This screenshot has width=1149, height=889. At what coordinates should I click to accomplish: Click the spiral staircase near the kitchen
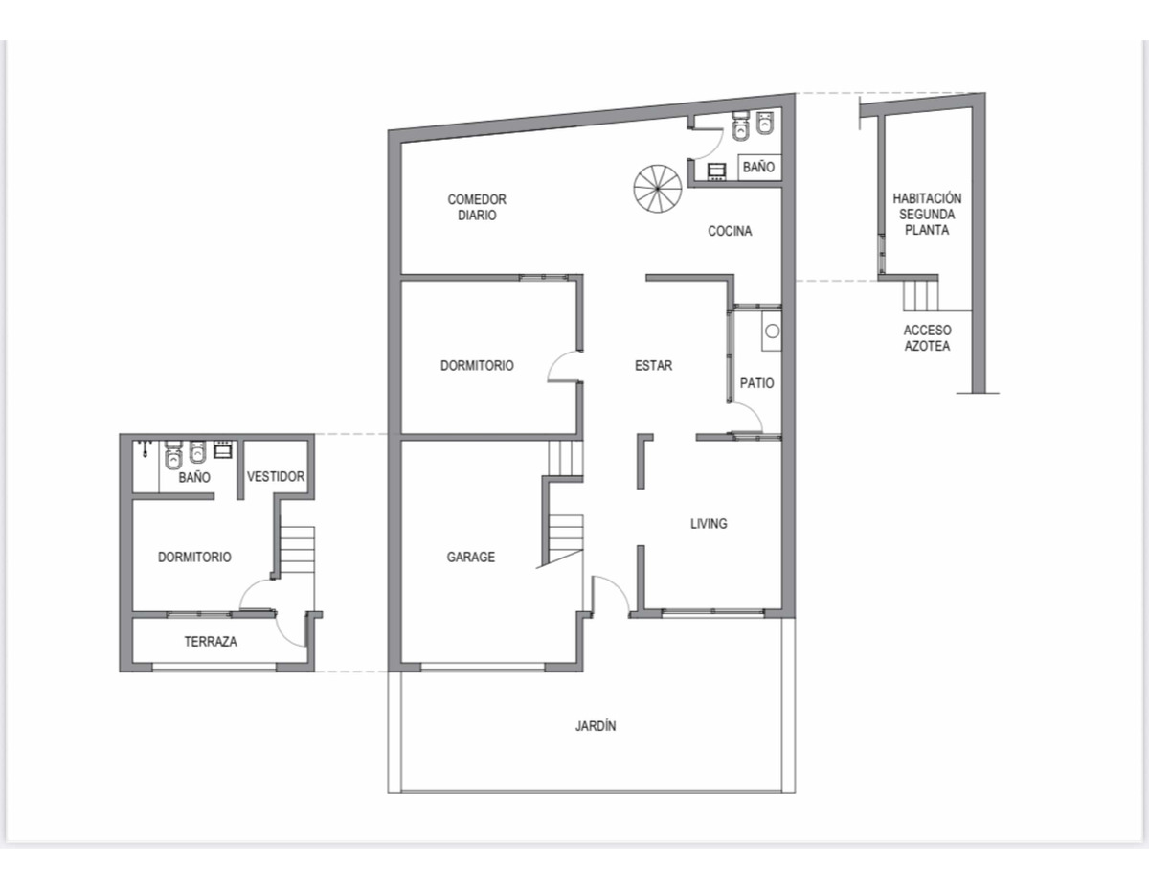[657, 189]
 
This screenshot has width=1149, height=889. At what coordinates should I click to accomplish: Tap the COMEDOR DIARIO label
[477, 207]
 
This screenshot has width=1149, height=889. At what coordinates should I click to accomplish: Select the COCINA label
[730, 231]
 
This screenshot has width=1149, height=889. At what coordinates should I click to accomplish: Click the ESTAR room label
[654, 365]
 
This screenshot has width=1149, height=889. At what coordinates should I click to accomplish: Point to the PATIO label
[756, 383]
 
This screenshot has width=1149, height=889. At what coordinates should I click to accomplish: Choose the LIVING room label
[709, 524]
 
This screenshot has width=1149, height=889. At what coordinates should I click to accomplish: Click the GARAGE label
[470, 557]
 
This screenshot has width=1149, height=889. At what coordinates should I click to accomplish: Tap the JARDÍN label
[596, 725]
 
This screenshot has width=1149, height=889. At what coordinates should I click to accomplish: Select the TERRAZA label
[211, 642]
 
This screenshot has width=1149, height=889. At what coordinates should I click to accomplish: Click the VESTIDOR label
[276, 476]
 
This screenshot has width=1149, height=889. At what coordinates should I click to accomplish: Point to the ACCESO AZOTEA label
[927, 338]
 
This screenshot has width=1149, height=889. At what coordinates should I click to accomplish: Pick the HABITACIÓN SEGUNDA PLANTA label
[927, 214]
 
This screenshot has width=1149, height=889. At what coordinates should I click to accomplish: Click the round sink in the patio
[772, 331]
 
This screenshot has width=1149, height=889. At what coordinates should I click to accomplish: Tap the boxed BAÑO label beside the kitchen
[758, 167]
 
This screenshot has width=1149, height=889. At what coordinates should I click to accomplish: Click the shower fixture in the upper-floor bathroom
[145, 448]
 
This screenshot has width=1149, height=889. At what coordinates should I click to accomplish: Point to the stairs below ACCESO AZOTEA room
[920, 296]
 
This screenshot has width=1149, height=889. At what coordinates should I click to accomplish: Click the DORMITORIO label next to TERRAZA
[194, 557]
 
